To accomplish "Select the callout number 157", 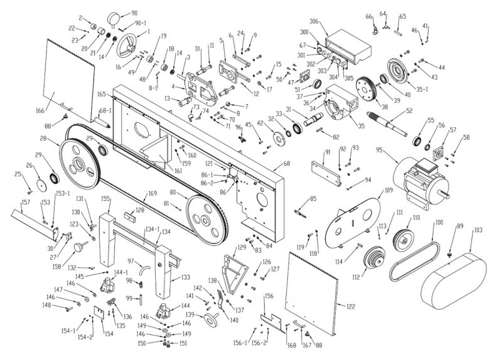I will [x=26, y=203].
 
